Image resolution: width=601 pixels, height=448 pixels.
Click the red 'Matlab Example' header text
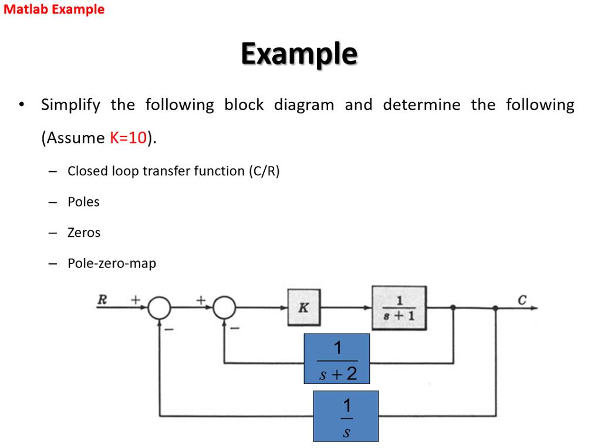[54, 10]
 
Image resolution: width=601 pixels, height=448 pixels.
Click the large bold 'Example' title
[299, 54]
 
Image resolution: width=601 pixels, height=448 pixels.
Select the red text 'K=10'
[128, 138]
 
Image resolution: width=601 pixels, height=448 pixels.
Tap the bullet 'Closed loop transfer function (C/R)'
[174, 171]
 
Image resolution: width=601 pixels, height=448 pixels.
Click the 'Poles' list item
[83, 202]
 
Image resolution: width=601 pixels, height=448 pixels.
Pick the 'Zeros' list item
[84, 233]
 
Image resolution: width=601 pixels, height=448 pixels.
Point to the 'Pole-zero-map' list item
[112, 263]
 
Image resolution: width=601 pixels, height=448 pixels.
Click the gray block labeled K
[304, 308]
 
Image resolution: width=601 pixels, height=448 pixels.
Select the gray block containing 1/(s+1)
[399, 308]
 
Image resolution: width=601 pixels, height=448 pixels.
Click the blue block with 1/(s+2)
[336, 359]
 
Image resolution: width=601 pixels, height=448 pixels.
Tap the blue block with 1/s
[346, 416]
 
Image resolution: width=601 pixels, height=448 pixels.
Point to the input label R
[102, 300]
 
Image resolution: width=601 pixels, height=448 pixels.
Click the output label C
[522, 300]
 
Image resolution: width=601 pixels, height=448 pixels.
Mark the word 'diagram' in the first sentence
[304, 106]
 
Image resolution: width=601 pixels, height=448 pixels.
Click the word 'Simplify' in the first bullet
[70, 106]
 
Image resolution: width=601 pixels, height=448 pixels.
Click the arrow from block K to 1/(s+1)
[346, 308]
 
